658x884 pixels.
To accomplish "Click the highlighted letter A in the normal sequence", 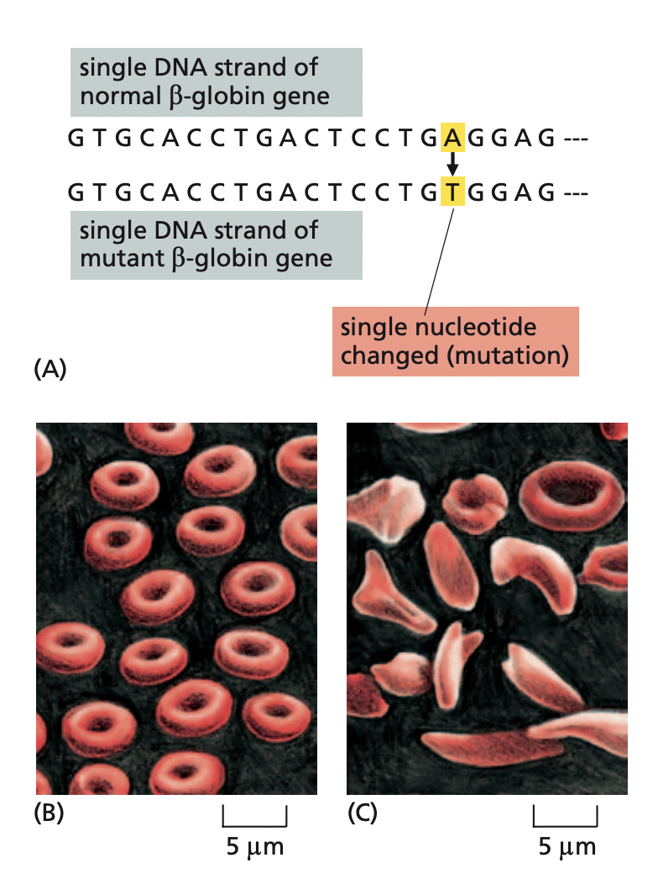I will pyautogui.click(x=452, y=138).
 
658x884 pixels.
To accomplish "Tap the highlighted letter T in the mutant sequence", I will pyautogui.click(x=452, y=192).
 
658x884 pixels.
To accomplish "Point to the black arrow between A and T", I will pyautogui.click(x=452, y=165).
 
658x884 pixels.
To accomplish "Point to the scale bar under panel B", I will pyautogui.click(x=255, y=818).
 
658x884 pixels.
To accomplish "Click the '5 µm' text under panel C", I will pyautogui.click(x=567, y=847).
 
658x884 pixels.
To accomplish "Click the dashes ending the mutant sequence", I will pyautogui.click(x=577, y=192).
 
